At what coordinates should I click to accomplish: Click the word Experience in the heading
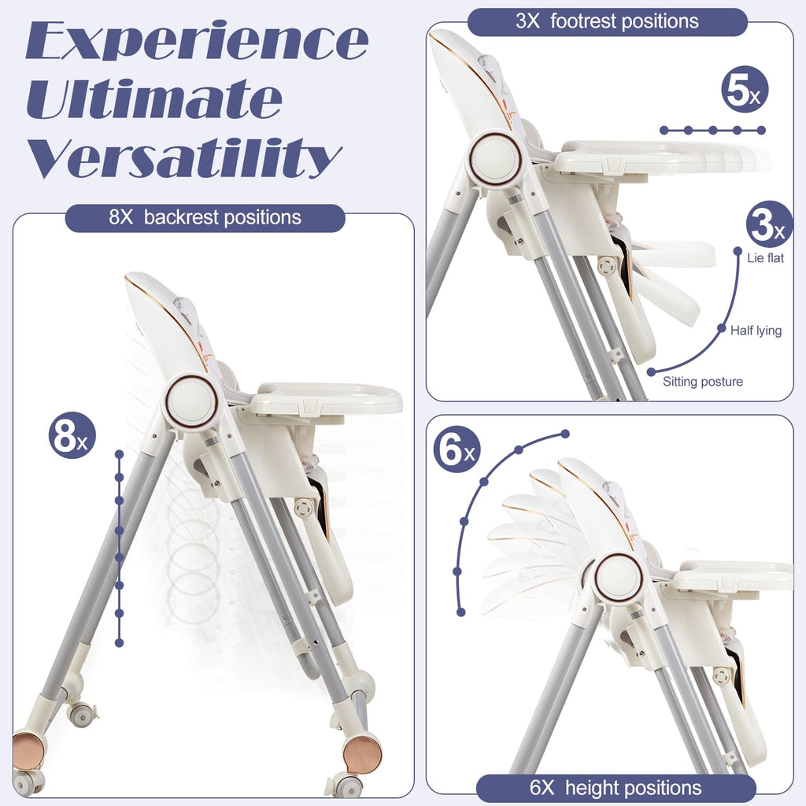[x=197, y=41]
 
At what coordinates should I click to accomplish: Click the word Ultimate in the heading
[x=154, y=98]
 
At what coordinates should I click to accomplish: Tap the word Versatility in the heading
[x=184, y=157]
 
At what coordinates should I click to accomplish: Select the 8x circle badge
[x=72, y=435]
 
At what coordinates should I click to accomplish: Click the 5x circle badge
[x=745, y=90]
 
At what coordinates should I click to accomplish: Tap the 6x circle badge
[x=457, y=449]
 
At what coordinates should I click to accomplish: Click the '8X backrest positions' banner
[x=205, y=218]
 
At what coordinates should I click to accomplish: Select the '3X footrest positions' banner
[x=607, y=21]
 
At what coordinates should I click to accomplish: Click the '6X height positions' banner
[x=616, y=788]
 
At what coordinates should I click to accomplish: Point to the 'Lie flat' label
[x=765, y=258]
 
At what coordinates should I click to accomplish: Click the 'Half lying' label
[x=756, y=331]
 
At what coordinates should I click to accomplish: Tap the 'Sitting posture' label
[x=703, y=382]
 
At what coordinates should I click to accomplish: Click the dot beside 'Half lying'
[x=723, y=328]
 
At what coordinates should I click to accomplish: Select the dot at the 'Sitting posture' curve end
[x=651, y=372]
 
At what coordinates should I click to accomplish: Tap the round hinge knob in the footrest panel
[x=494, y=157]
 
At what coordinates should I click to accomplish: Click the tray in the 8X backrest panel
[x=325, y=399]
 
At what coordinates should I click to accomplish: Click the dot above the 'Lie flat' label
[x=738, y=250]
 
